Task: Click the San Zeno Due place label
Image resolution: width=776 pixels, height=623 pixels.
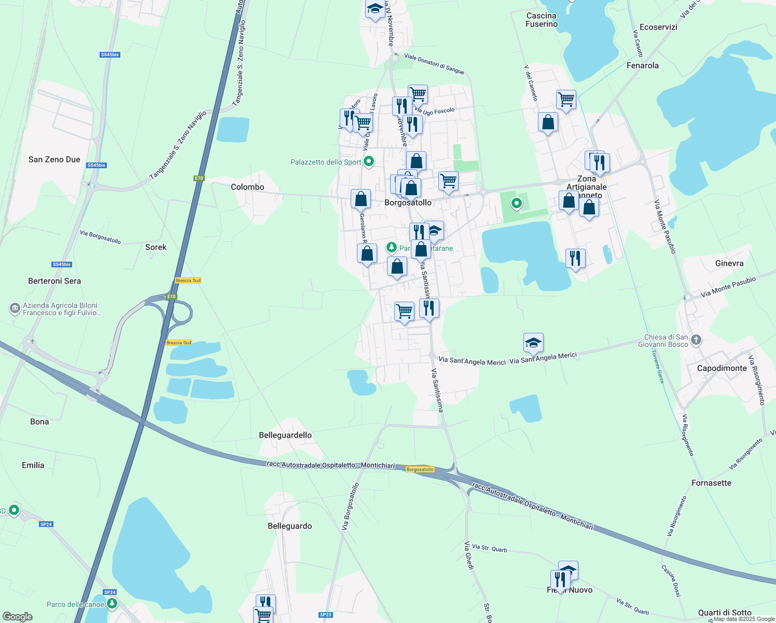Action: (54, 159)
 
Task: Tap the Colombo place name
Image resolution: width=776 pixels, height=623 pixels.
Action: (247, 187)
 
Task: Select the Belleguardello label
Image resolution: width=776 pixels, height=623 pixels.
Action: (285, 435)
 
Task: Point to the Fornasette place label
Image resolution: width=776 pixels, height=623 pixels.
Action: (711, 483)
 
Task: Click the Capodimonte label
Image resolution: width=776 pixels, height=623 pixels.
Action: (722, 368)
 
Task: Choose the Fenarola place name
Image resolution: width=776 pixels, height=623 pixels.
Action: (643, 65)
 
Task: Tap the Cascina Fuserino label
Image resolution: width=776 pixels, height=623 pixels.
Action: (542, 20)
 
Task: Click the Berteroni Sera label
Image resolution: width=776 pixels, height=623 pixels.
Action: (54, 281)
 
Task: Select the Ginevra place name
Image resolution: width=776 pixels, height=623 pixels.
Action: (729, 263)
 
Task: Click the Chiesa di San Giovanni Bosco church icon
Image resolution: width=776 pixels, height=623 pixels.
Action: (696, 340)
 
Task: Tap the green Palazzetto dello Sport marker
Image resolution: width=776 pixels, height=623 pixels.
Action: (369, 162)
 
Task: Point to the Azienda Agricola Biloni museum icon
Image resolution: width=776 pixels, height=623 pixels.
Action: (15, 309)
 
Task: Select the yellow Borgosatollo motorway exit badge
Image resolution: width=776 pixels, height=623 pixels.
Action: (420, 469)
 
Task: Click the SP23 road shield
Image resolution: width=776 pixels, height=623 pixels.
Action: (325, 615)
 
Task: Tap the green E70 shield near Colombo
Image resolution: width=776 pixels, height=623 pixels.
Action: (199, 178)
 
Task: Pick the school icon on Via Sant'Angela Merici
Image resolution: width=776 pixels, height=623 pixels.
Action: (533, 343)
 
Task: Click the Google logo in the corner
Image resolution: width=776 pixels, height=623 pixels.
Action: (17, 617)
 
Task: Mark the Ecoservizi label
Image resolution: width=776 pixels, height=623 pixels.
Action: (658, 27)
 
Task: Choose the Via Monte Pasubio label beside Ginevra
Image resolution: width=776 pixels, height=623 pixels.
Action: (728, 287)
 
